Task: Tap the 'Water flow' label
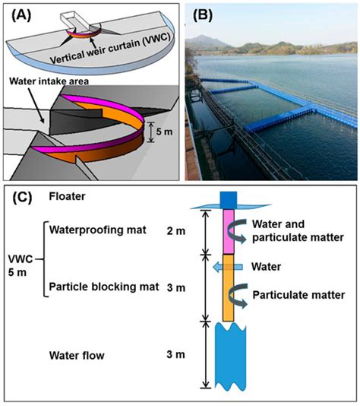[77, 354]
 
